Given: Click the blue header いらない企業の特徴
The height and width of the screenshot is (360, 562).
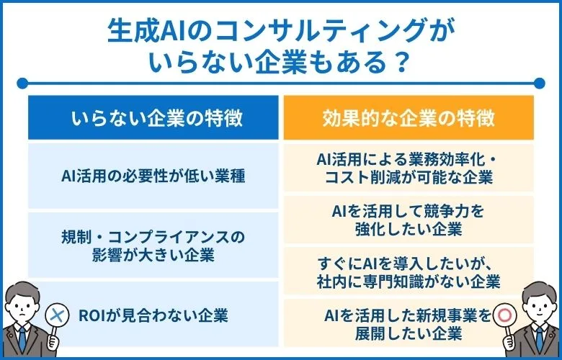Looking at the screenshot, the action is click(x=153, y=117).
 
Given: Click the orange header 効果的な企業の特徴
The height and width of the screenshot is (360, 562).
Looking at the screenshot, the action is click(x=409, y=117).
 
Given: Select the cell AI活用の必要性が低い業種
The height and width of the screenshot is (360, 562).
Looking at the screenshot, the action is click(x=153, y=176).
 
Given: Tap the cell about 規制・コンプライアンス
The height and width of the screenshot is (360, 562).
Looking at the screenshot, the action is click(x=153, y=246).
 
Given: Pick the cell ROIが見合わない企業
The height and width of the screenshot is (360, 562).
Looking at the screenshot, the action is click(x=153, y=315).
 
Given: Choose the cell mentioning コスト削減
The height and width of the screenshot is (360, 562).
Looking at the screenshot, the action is click(x=409, y=168).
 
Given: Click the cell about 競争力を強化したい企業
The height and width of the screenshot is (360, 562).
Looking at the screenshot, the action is click(x=409, y=220).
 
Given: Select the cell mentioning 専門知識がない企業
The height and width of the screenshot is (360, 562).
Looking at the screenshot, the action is click(x=409, y=272).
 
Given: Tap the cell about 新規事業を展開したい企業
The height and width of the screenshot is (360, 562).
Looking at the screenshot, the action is click(x=409, y=324).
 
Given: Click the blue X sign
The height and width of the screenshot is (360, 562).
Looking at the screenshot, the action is click(x=57, y=315).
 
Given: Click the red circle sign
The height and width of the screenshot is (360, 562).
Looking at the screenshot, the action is click(x=505, y=315).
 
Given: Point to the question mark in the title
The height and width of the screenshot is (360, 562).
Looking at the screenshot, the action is click(x=400, y=63).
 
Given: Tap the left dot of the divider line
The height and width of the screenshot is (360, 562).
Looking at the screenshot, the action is click(x=22, y=84).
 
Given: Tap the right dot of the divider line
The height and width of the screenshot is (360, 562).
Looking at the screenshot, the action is click(x=539, y=84).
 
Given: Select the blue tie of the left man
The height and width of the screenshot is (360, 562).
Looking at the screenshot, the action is click(x=22, y=340).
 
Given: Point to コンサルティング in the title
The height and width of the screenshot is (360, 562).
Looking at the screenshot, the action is click(x=308, y=31).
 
